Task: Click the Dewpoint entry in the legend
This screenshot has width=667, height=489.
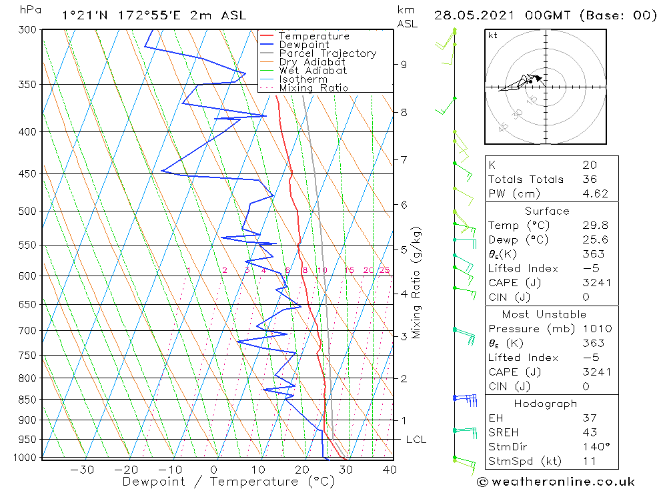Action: click(303, 45)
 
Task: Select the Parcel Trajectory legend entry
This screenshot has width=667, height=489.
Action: click(327, 53)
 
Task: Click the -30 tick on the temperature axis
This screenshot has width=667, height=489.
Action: click(82, 470)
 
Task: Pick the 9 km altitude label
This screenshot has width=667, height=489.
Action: click(404, 64)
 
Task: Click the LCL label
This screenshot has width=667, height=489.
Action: click(416, 440)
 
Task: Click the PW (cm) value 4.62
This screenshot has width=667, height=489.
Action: click(595, 193)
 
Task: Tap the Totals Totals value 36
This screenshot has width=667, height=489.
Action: click(589, 179)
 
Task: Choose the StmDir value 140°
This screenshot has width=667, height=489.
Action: click(594, 446)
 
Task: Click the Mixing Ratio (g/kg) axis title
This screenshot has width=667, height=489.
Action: click(418, 282)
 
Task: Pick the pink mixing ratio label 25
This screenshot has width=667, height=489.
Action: click(384, 270)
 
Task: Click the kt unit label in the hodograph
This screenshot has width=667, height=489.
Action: click(493, 35)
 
